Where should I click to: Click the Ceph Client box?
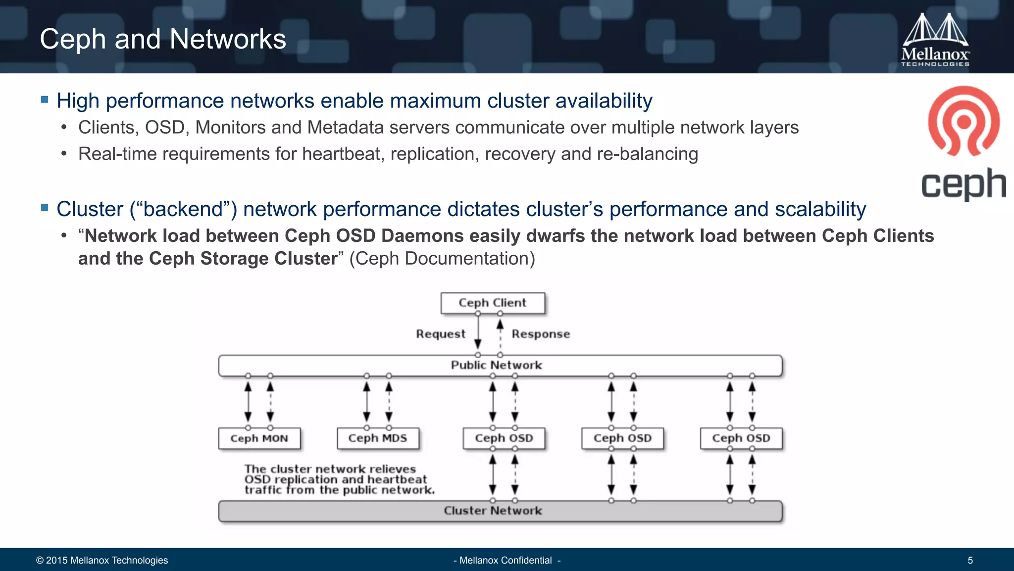493,303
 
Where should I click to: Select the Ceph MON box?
259,438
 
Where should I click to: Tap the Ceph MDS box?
378,438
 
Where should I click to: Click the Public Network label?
496,365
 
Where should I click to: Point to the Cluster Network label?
493,511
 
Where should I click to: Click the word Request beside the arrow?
441,334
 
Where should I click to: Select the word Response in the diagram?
541,334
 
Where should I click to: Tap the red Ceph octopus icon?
963,121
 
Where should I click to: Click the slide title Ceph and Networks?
163,39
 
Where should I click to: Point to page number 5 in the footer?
970,561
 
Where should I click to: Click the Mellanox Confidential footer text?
507,561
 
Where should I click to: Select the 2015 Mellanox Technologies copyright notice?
102,561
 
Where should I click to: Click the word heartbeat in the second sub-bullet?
343,154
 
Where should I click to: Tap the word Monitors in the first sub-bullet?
231,128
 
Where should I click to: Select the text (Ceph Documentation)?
442,259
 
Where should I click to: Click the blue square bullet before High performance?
45,100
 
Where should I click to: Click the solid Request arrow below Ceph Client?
478,332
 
